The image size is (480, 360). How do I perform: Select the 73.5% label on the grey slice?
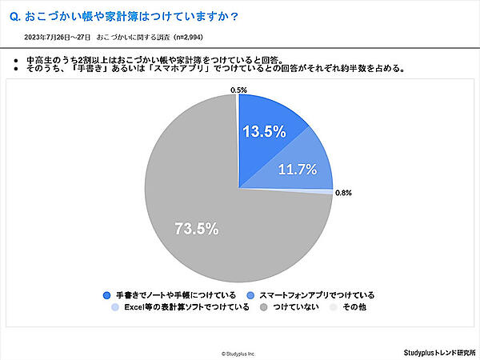(197, 229)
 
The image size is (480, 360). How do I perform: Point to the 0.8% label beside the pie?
(343, 193)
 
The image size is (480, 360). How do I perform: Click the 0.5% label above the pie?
(238, 90)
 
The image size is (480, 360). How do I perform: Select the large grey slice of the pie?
(192, 192)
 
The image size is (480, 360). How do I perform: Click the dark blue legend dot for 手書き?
(106, 294)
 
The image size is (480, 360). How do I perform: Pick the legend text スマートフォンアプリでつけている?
(317, 294)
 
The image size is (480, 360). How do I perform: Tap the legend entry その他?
(354, 307)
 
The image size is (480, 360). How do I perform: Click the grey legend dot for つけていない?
(262, 307)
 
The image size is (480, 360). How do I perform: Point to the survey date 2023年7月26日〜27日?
(57, 37)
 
